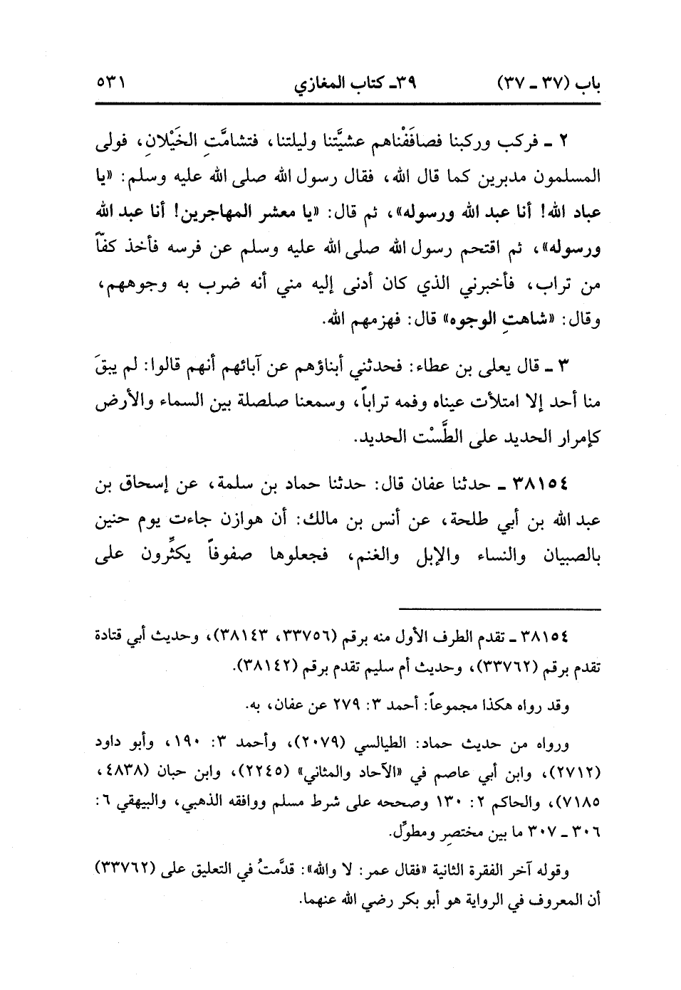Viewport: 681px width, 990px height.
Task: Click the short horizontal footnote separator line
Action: (500, 608)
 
